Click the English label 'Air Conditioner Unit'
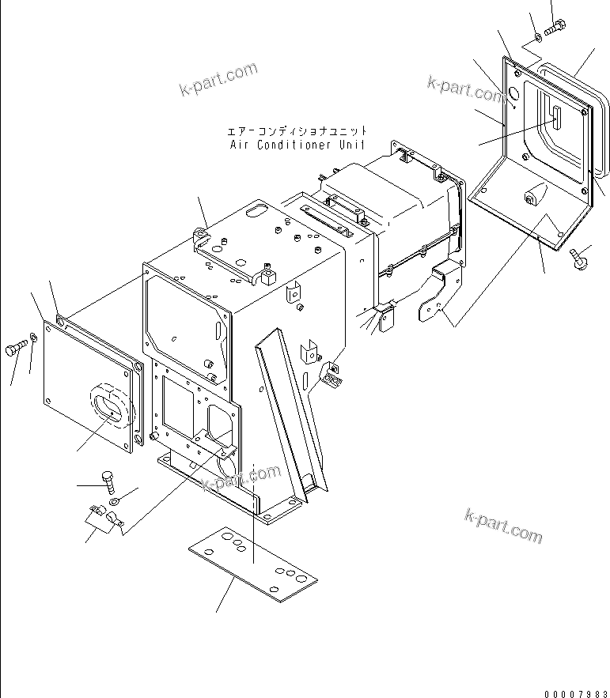coord(297,145)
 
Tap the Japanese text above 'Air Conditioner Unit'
coord(297,130)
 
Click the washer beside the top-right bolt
coord(538,35)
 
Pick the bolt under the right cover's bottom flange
coord(579,258)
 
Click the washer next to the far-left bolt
coord(33,340)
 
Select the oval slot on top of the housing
coord(257,210)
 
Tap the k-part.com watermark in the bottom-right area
coord(503,525)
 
